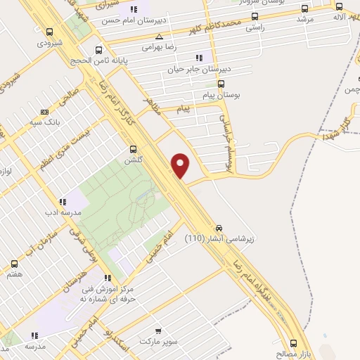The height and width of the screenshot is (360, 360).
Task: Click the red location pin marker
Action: (181, 165)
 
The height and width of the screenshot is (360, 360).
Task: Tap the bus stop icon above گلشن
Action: (134, 149)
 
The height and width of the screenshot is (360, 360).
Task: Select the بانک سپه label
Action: (44, 122)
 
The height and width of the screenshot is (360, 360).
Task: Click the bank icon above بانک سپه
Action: (45, 111)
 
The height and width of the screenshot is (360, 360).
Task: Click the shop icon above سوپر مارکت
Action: (157, 330)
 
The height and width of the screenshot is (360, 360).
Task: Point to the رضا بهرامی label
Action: (157, 47)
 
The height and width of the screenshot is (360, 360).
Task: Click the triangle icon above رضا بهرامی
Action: (159, 37)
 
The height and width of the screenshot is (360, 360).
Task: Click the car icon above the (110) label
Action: (219, 229)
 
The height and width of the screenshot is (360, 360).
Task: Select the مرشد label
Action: (304, 19)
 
